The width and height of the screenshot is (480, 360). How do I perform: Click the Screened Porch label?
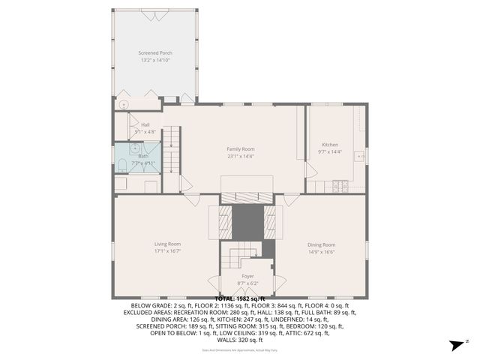154,53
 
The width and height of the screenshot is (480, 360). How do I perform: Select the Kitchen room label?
330,144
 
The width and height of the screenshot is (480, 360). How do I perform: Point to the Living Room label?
167,244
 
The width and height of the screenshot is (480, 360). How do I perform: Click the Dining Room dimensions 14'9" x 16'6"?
321,252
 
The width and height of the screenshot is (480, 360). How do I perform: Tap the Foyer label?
247,276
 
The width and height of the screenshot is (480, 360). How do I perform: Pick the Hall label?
145,124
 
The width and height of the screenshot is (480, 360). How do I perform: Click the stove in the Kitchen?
340,184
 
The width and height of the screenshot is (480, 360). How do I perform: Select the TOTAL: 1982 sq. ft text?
240,298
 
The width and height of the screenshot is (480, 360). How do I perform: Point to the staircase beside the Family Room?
172,150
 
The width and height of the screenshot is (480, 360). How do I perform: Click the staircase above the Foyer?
238,258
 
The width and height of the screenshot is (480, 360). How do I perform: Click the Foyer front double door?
247,295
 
